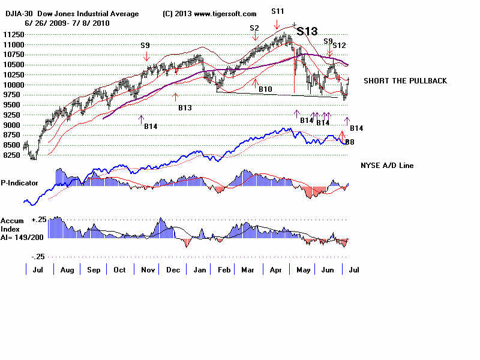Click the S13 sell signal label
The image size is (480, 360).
[x=307, y=32]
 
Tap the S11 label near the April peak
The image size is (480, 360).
[x=277, y=11]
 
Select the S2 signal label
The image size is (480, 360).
[x=254, y=28]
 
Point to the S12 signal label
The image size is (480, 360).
[x=339, y=45]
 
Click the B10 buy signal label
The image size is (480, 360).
[x=265, y=89]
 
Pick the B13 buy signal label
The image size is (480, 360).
[x=185, y=108]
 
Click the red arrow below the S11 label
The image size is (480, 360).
[x=277, y=23]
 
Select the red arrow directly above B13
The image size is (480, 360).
[x=175, y=97]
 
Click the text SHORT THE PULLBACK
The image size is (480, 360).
[x=405, y=81]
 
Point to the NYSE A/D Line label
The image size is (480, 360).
[x=387, y=166]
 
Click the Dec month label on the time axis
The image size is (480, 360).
[x=173, y=270]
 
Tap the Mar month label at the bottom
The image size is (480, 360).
[x=247, y=270]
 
